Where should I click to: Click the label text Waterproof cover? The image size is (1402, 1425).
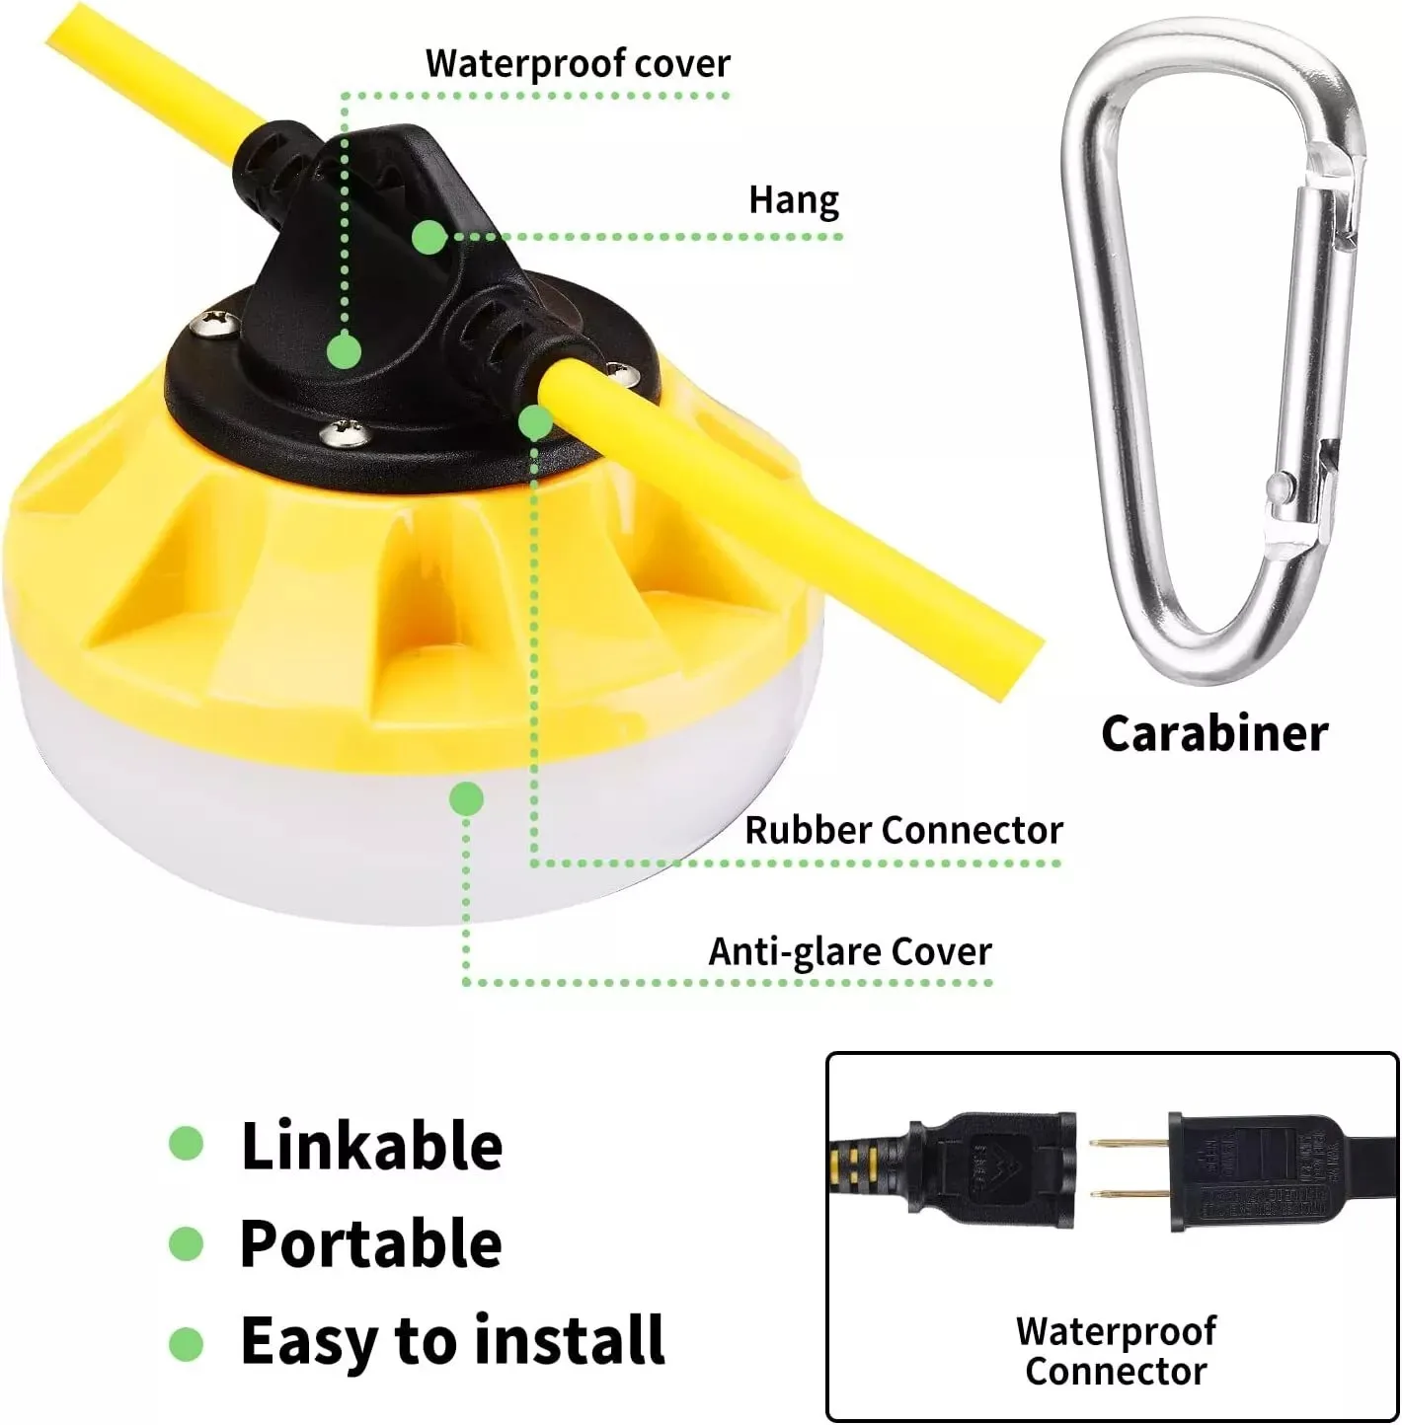(x=578, y=63)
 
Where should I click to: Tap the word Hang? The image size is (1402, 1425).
(x=794, y=199)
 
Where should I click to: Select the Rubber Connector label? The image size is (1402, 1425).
(x=903, y=830)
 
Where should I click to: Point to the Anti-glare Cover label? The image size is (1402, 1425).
(x=850, y=952)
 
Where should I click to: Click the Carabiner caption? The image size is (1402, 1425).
(x=1214, y=733)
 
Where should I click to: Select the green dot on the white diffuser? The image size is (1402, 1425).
(x=466, y=798)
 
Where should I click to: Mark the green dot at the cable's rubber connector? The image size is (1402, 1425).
(x=535, y=422)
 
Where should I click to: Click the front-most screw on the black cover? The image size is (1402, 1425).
(x=342, y=430)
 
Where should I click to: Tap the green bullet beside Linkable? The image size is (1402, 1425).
(x=186, y=1145)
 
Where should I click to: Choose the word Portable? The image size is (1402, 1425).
(x=371, y=1242)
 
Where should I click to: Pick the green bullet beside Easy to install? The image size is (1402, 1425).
(x=186, y=1342)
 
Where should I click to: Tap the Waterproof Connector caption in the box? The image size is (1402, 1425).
(x=1116, y=1351)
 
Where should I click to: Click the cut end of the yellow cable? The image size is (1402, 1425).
(x=1022, y=663)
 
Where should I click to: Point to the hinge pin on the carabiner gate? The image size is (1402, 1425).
(x=1281, y=486)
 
